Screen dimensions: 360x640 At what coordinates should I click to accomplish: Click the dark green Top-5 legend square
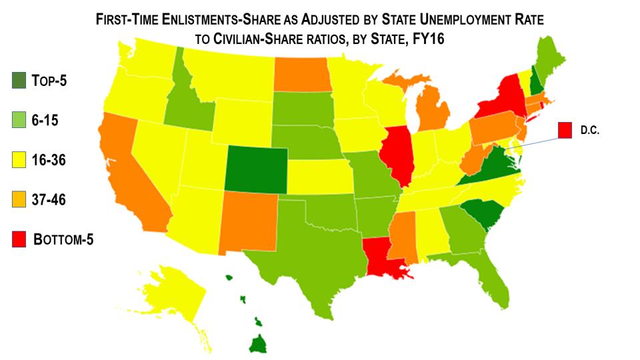(x=20, y=81)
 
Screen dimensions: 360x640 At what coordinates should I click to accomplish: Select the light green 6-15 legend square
(x=20, y=121)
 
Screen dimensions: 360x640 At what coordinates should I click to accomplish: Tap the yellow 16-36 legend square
(x=20, y=160)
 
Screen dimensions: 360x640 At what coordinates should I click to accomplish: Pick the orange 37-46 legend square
(x=20, y=199)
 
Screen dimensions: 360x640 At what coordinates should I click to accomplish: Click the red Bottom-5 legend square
(x=20, y=239)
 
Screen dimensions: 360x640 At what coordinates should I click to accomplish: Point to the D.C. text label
(x=591, y=132)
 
